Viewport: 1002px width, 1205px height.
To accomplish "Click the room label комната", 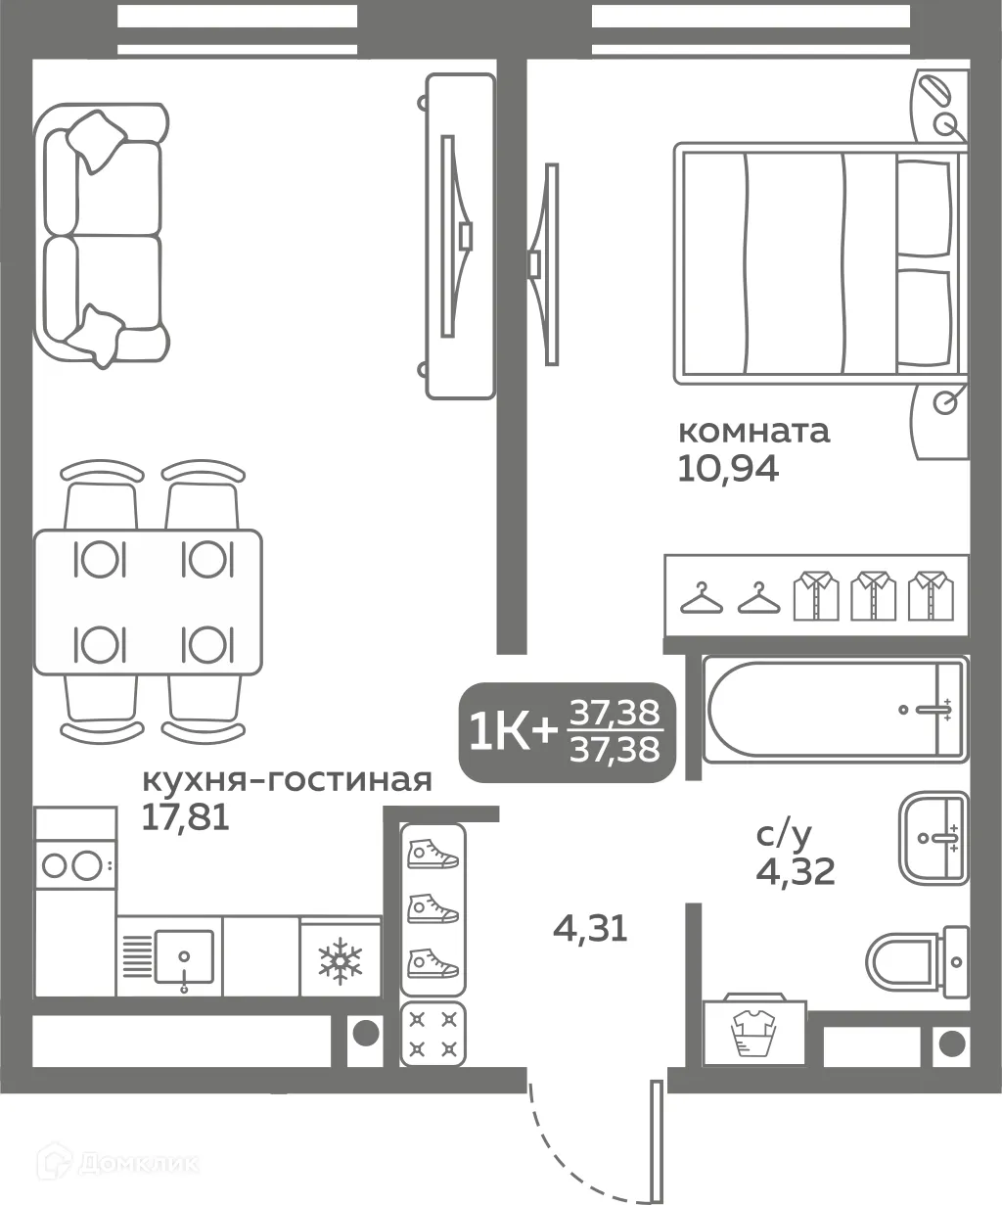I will click(753, 431).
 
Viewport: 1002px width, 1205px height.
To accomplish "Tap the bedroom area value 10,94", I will click(727, 471).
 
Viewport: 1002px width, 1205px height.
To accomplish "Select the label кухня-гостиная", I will click(287, 780).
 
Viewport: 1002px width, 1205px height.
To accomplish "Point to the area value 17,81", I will click(185, 816).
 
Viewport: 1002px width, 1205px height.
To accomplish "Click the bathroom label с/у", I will click(785, 835).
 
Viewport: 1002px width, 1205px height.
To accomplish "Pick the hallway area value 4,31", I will click(590, 927).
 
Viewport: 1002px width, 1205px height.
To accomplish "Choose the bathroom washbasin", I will click(933, 838).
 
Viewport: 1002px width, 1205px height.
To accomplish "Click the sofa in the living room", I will click(98, 235).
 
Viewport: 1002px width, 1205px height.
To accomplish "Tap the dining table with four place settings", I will click(148, 602).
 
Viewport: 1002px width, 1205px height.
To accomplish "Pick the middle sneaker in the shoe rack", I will click(433, 909).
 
